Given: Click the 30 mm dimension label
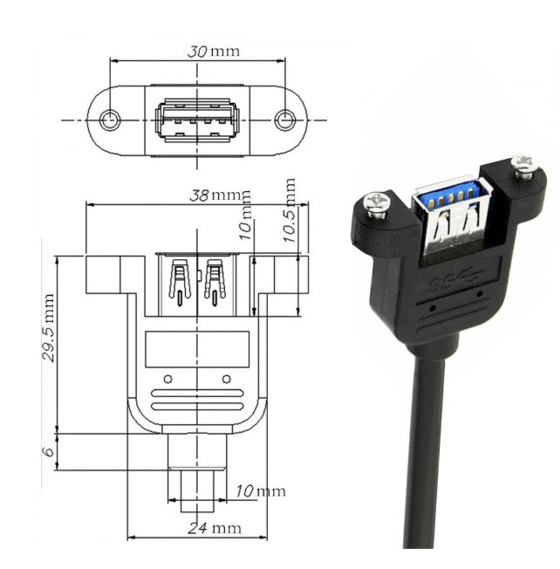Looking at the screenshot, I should tap(213, 51).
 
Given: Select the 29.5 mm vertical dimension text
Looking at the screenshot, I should tap(50, 328).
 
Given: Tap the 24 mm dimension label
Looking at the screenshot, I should tap(214, 528).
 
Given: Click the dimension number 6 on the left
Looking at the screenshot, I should tap(50, 451).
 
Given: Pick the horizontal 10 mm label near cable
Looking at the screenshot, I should tap(260, 491).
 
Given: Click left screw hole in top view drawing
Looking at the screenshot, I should tap(109, 120).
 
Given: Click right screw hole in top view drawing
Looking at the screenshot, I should tap(285, 120).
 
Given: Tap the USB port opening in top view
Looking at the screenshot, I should tap(198, 119).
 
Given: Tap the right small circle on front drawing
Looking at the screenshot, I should tap(227, 379).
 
